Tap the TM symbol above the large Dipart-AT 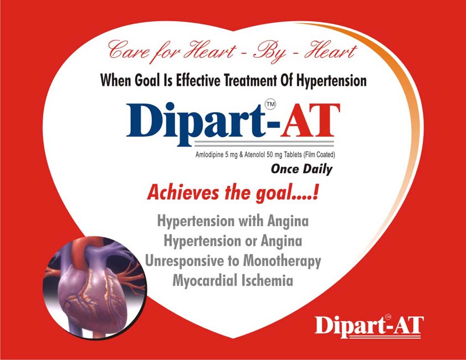[x=270, y=104]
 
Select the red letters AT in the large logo [x=310, y=121]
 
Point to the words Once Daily [x=301, y=169]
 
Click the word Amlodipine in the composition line [x=209, y=155]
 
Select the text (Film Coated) [x=319, y=155]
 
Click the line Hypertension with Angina [x=233, y=222]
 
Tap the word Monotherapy [x=282, y=261]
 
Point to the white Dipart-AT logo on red [x=369, y=326]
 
